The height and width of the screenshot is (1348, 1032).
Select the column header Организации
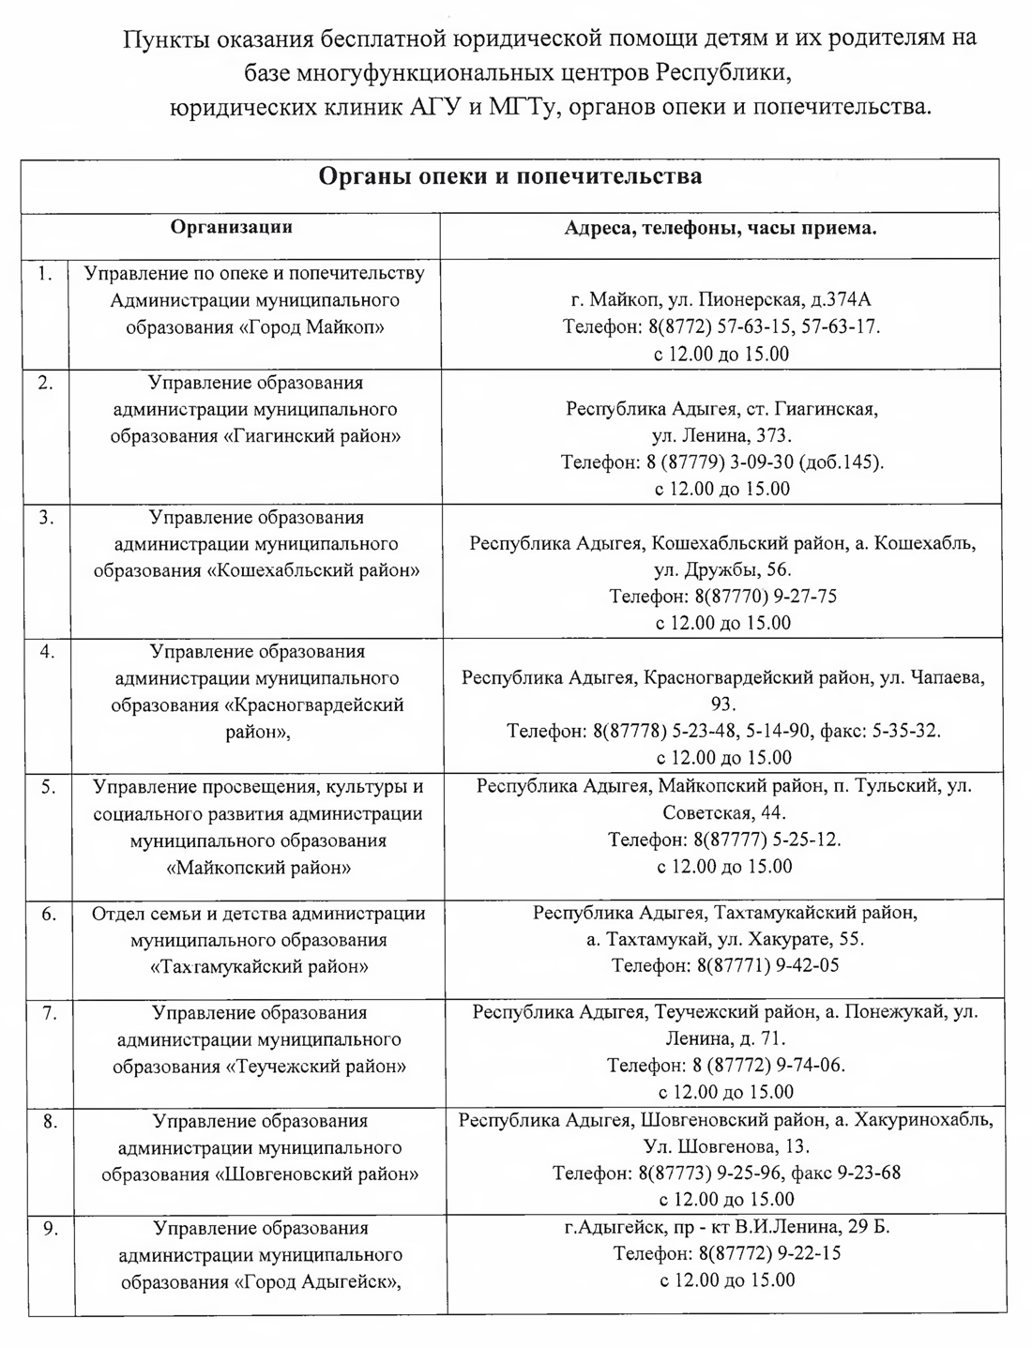[231, 227]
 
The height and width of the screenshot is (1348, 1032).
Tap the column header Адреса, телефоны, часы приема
[721, 228]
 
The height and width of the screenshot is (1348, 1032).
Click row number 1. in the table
[44, 274]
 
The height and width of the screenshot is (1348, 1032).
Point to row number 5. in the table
[48, 787]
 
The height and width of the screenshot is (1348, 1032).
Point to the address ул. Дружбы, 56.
[721, 569]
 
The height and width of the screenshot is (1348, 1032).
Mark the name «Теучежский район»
[317, 1067]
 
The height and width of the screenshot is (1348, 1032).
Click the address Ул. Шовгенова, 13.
[726, 1146]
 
